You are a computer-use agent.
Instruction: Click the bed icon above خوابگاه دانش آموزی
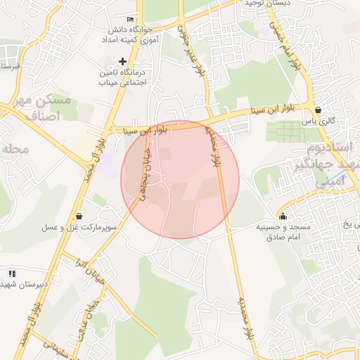coord(129,19)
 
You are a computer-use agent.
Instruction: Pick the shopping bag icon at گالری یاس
coord(319,110)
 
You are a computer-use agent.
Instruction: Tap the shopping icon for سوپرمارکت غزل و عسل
coord(78,216)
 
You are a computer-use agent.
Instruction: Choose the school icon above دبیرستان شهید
coord(12,273)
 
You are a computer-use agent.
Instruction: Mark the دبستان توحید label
coord(267,4)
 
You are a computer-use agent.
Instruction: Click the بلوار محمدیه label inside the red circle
coord(215,146)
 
